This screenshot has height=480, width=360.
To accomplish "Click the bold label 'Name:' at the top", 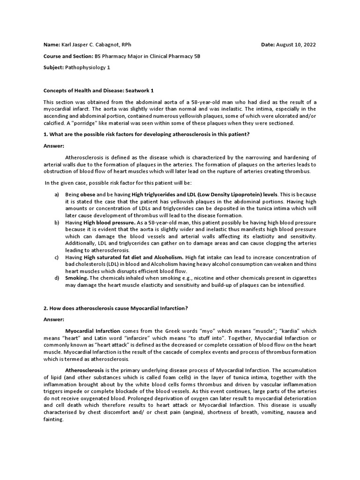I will [x=52, y=45].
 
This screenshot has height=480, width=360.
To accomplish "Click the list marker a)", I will [x=57, y=194].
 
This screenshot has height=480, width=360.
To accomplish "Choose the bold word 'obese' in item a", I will [x=88, y=194].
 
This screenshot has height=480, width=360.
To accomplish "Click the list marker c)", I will [x=57, y=257].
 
